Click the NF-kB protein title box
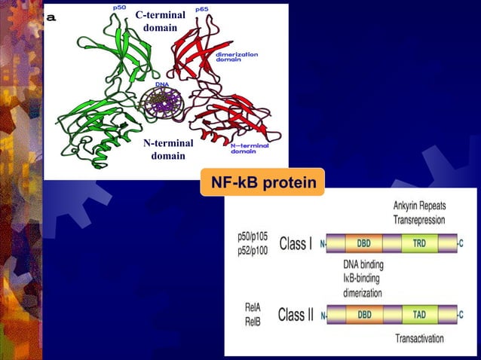(x=263, y=182)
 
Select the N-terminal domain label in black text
(x=167, y=149)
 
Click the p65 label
(x=202, y=8)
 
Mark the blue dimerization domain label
(x=237, y=57)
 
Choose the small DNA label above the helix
(x=162, y=84)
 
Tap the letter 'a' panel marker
(x=51, y=18)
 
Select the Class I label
(x=296, y=244)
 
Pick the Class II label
(x=296, y=314)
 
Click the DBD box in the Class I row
(x=363, y=244)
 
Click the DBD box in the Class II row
(x=363, y=314)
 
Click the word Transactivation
(x=420, y=339)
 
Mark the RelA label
(x=252, y=307)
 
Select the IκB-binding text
(x=363, y=279)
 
